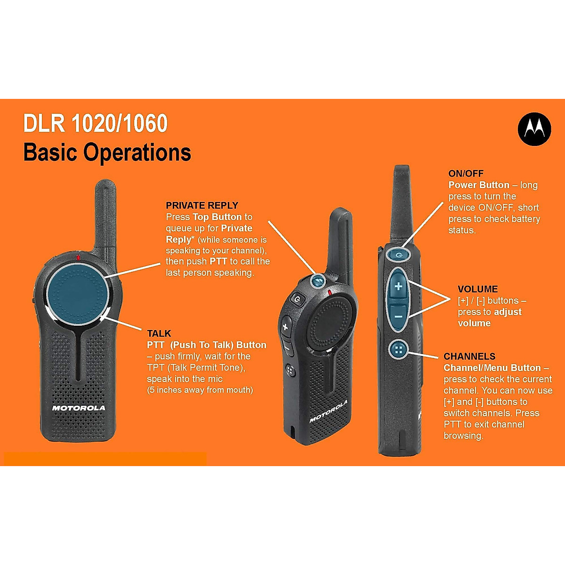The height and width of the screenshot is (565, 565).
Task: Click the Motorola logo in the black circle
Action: pos(534,129)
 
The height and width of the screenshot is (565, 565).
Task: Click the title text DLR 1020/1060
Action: pos(96,124)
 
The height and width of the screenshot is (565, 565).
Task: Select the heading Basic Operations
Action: pos(107,153)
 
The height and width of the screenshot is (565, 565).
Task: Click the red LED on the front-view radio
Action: pos(78,257)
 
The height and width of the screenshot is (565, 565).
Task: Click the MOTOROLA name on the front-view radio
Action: pos(79,408)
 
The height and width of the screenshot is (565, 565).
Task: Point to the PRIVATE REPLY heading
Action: pos(202,205)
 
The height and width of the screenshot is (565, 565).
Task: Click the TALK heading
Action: pos(159,333)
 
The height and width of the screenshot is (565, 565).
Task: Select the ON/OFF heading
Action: pos(466,173)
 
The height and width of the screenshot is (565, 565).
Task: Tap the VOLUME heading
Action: pos(477,289)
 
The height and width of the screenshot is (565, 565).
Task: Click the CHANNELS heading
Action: pos(469,356)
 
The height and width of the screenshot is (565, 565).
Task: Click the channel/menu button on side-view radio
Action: pos(398,349)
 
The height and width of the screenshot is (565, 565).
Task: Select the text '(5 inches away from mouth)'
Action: pos(200,390)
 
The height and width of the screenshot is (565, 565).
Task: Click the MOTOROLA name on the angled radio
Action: pos(328,411)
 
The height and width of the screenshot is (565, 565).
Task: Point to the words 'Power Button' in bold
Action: pos(479,185)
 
